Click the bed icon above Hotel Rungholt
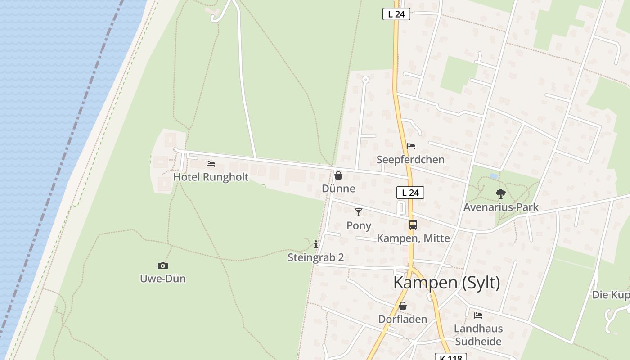point(211,164)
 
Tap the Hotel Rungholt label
point(211,177)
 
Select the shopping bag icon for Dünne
point(338,175)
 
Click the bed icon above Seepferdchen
point(411,146)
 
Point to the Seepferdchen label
point(410,160)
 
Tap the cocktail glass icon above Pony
point(359,212)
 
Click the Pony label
point(359,225)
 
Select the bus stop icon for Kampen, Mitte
point(413,225)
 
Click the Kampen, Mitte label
point(413,238)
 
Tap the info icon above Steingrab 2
point(316,244)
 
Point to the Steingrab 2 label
point(316,257)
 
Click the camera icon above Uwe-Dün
point(163,265)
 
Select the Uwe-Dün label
point(163,279)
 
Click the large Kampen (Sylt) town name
point(447,283)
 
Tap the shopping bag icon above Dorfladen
point(403,306)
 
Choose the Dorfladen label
point(402,319)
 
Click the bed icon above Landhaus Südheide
point(478,315)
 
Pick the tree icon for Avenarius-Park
point(501,194)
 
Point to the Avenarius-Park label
point(501,207)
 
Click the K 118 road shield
point(450,357)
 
